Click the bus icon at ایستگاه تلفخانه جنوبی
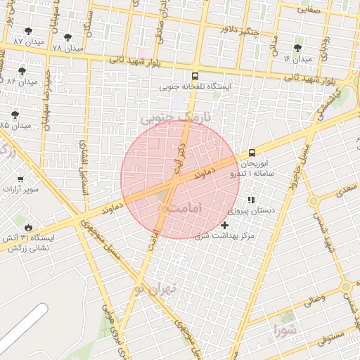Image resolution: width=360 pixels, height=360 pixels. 195,76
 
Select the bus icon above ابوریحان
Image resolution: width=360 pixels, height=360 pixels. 252,153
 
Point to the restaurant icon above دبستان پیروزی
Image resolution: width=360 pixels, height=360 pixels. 251,200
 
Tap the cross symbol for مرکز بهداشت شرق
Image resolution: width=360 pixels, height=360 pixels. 224,225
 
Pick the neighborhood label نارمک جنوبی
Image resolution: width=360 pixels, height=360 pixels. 166,119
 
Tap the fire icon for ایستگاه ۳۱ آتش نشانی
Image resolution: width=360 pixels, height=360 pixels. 28,227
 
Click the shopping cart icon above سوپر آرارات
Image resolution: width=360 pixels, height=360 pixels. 20,179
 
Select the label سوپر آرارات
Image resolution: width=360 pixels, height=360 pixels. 21,189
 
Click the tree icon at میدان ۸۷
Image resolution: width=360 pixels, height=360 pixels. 28,32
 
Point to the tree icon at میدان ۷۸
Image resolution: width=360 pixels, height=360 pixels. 67,37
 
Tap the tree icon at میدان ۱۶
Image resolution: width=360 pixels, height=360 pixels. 297,48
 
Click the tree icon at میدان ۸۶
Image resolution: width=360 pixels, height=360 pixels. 22,71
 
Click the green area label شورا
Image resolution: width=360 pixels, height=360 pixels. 286,329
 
